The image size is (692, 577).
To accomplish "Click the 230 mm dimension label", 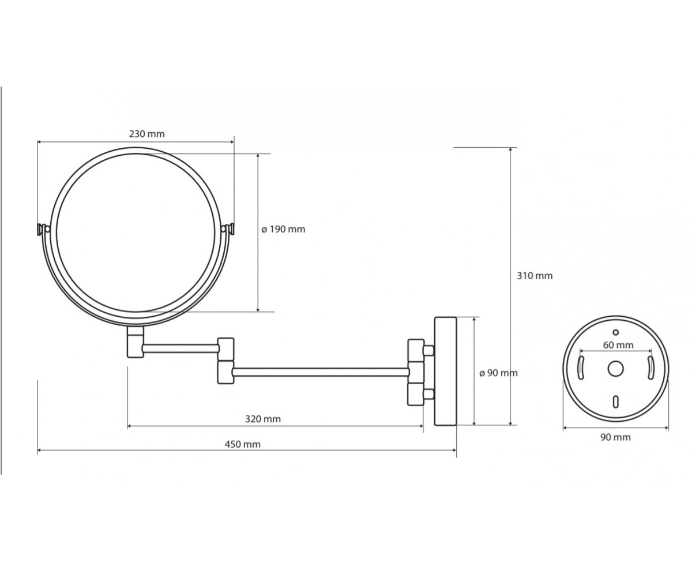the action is (x=146, y=134).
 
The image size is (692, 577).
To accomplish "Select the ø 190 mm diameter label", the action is (x=283, y=229).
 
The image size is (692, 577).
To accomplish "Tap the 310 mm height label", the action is (x=535, y=276).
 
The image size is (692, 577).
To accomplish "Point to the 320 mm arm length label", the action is (x=263, y=419).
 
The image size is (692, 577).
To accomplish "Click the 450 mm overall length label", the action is (x=243, y=444).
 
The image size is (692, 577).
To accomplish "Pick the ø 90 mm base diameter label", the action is (x=498, y=373).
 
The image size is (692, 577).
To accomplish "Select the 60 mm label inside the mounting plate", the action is (x=618, y=345).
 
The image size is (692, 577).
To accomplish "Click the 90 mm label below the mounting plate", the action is (x=615, y=437).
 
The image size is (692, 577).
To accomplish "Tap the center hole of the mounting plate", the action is (x=615, y=369).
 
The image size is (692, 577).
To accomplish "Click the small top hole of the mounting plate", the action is (x=615, y=332).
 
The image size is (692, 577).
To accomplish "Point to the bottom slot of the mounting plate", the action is (x=615, y=402).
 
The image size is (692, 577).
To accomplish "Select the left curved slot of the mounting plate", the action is (x=581, y=368).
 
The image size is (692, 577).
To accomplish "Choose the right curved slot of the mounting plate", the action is (x=650, y=368).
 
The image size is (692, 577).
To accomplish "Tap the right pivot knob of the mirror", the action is (x=228, y=229).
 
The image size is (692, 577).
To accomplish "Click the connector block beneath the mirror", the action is (x=136, y=342).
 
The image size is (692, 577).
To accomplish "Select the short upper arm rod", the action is (x=180, y=349).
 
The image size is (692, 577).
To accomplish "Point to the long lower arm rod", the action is (x=321, y=372).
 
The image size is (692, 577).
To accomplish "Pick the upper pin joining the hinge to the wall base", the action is (x=428, y=350).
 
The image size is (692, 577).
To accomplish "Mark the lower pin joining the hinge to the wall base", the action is (x=428, y=394).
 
